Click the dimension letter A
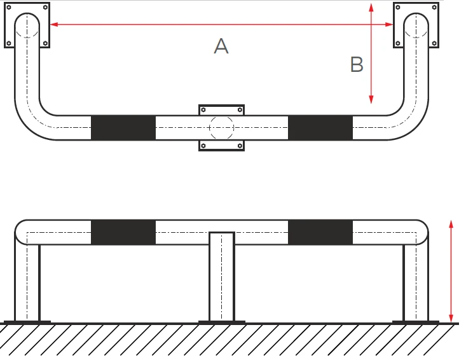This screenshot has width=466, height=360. [x=221, y=46]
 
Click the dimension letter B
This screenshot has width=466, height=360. [x=357, y=64]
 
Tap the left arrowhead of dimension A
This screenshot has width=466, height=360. [x=54, y=24]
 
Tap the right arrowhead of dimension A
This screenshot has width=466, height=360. [x=389, y=24]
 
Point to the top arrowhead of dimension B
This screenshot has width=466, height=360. [x=371, y=8]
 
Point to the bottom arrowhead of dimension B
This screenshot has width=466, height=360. [x=371, y=99]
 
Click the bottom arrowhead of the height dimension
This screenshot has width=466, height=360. [x=451, y=318]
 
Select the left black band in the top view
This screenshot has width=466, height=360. [x=123, y=128]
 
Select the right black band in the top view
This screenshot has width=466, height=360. [x=320, y=128]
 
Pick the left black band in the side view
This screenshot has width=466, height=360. [x=123, y=232]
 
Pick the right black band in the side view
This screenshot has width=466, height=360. [x=320, y=232]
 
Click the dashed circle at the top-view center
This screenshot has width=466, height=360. [x=221, y=116]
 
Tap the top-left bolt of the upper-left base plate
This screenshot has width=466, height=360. [x=9, y=7]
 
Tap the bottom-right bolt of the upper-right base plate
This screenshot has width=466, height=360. [x=434, y=43]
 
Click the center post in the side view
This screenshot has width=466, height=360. [x=222, y=277]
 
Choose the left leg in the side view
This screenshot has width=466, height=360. [x=27, y=282]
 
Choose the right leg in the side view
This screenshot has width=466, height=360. [x=416, y=282]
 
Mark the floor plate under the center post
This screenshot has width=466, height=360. [x=222, y=322]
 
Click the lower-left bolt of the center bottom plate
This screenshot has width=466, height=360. [x=203, y=146]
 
